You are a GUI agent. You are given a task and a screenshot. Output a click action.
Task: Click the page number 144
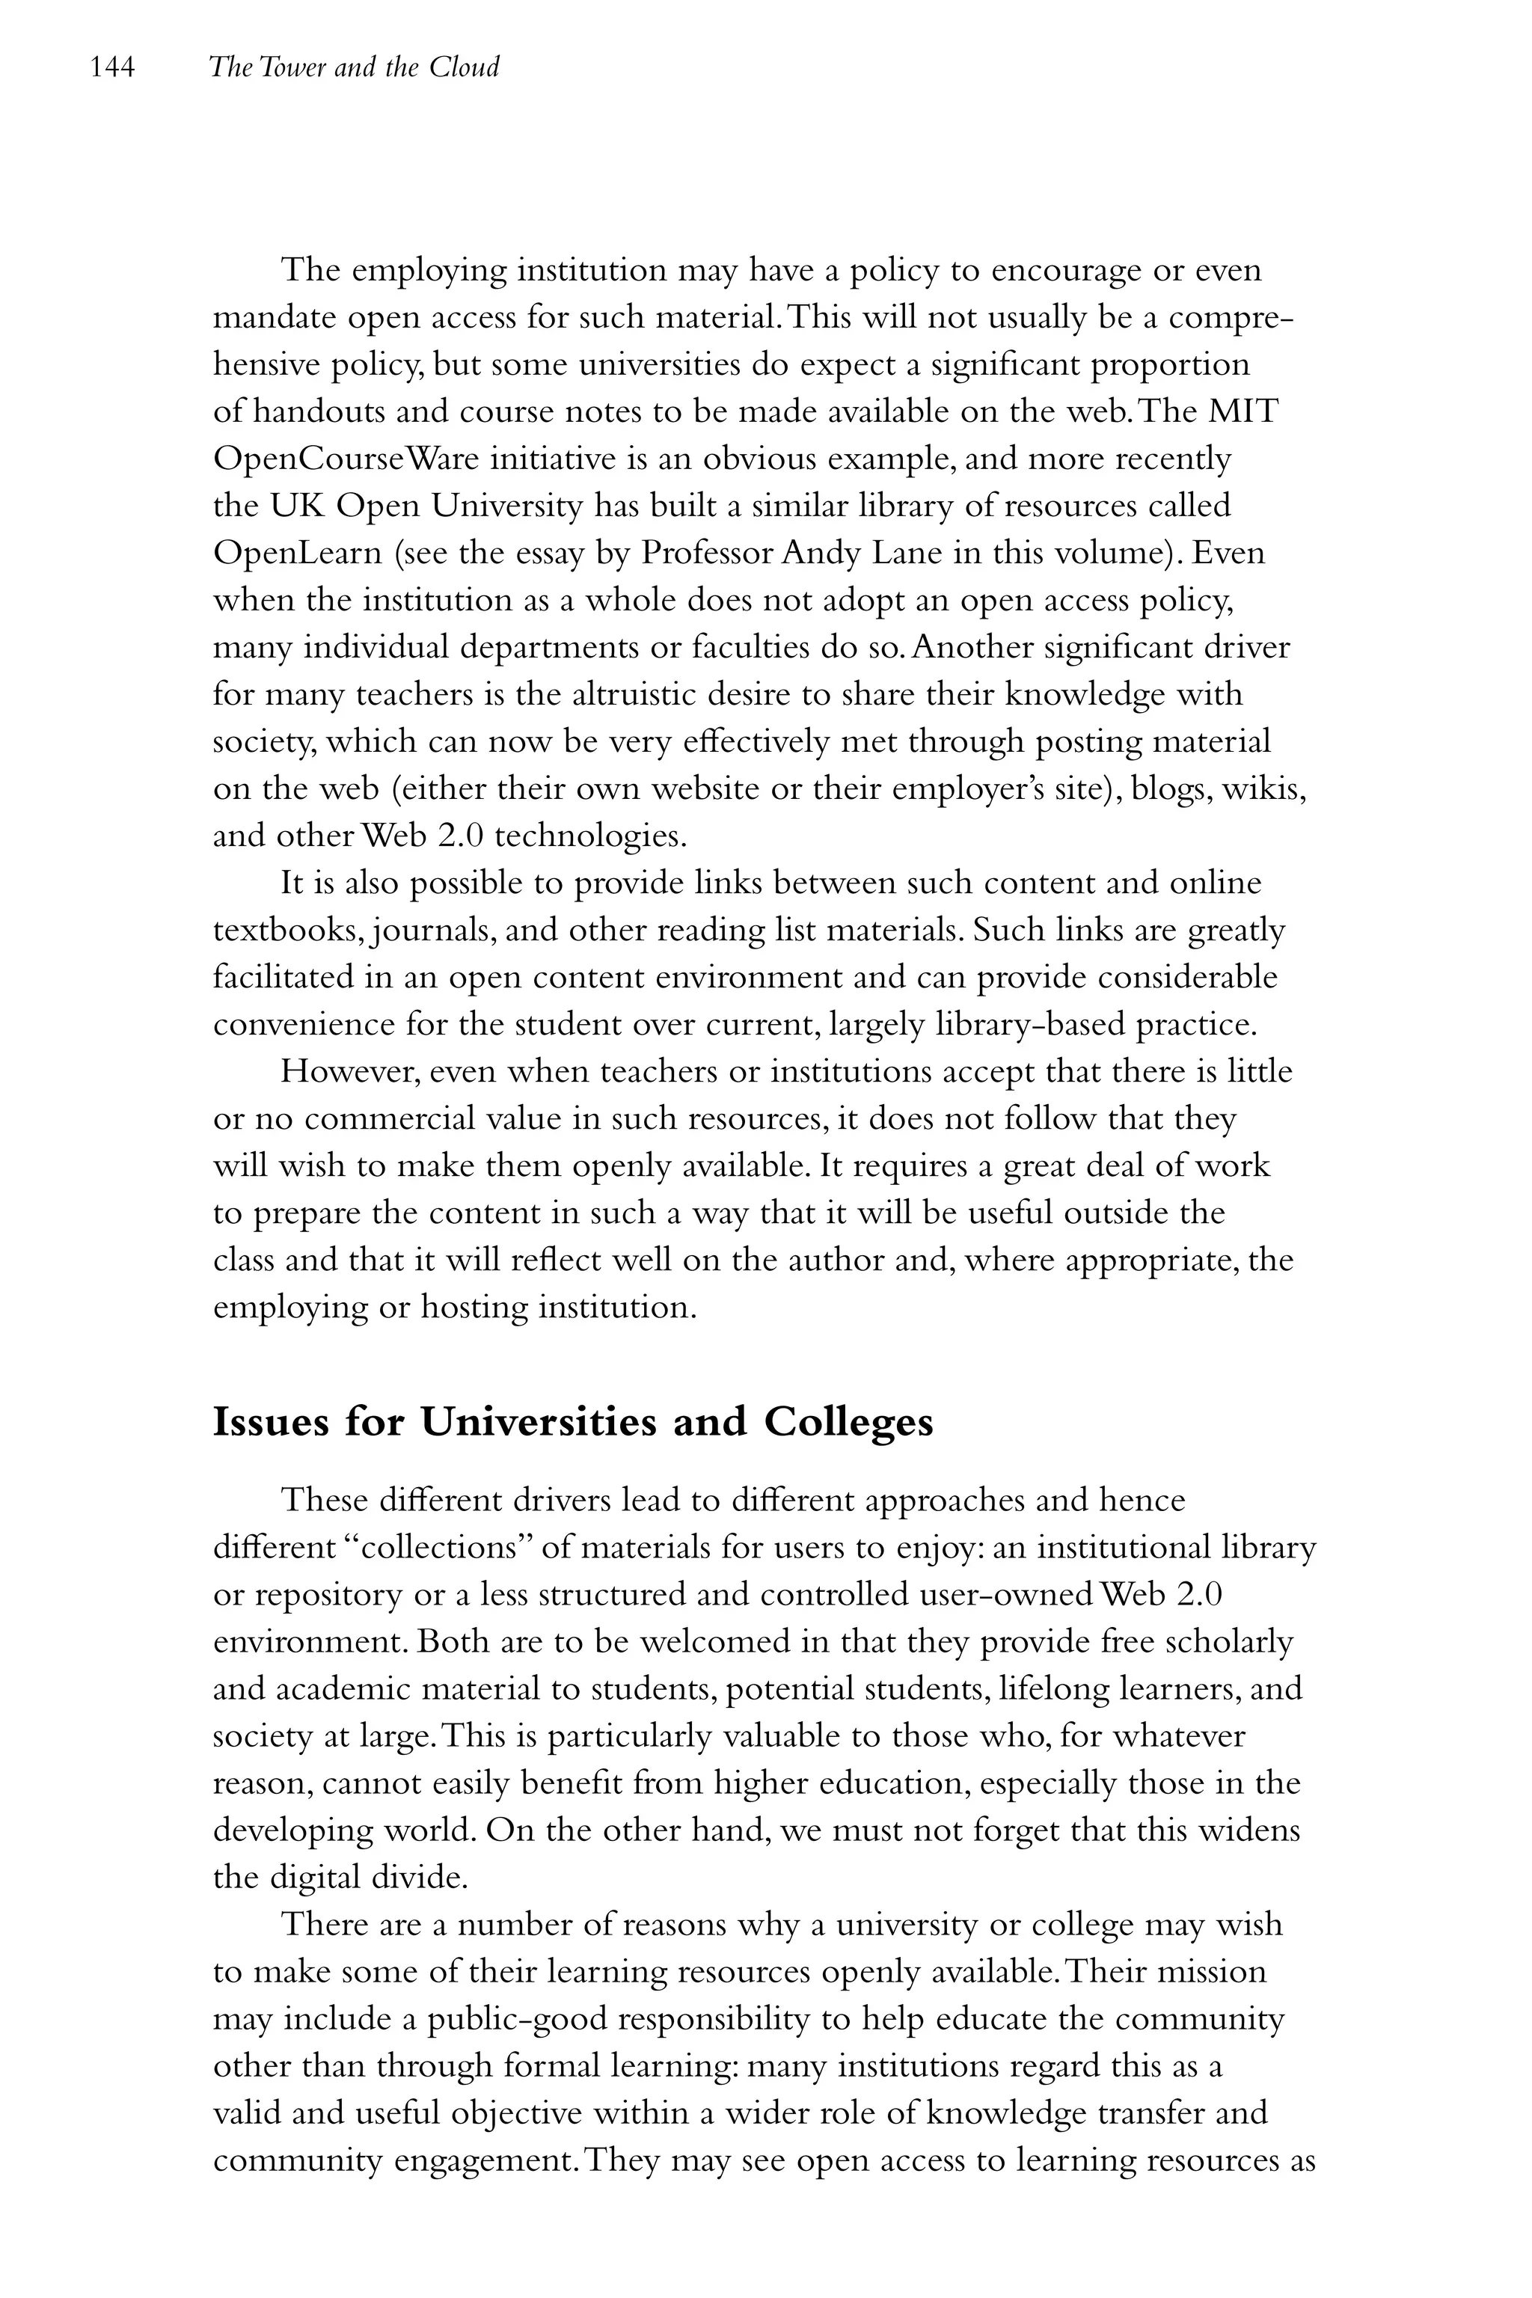111,67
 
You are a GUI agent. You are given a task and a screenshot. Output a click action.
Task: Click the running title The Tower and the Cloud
354,67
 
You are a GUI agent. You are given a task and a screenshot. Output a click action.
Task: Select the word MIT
1243,411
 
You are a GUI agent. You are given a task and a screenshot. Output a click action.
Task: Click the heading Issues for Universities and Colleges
572,1421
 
